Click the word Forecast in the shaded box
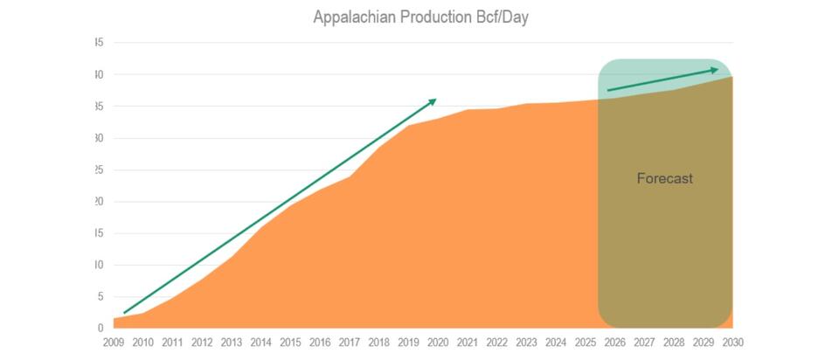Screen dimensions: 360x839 [664, 178]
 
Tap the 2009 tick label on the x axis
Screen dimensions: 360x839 [114, 343]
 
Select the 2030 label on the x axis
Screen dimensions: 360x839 [732, 343]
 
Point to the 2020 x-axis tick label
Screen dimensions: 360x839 [438, 343]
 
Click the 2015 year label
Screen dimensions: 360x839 [290, 343]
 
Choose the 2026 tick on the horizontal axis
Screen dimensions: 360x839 [614, 343]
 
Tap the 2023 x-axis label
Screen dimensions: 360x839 [526, 343]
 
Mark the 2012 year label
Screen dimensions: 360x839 [202, 343]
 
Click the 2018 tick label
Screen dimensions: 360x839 [378, 343]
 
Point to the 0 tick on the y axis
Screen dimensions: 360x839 [101, 329]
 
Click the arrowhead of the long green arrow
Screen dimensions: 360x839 [433, 101]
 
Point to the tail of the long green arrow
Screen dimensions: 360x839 [125, 312]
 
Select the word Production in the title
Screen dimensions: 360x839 [431, 17]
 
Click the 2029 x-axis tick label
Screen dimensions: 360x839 [703, 343]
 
